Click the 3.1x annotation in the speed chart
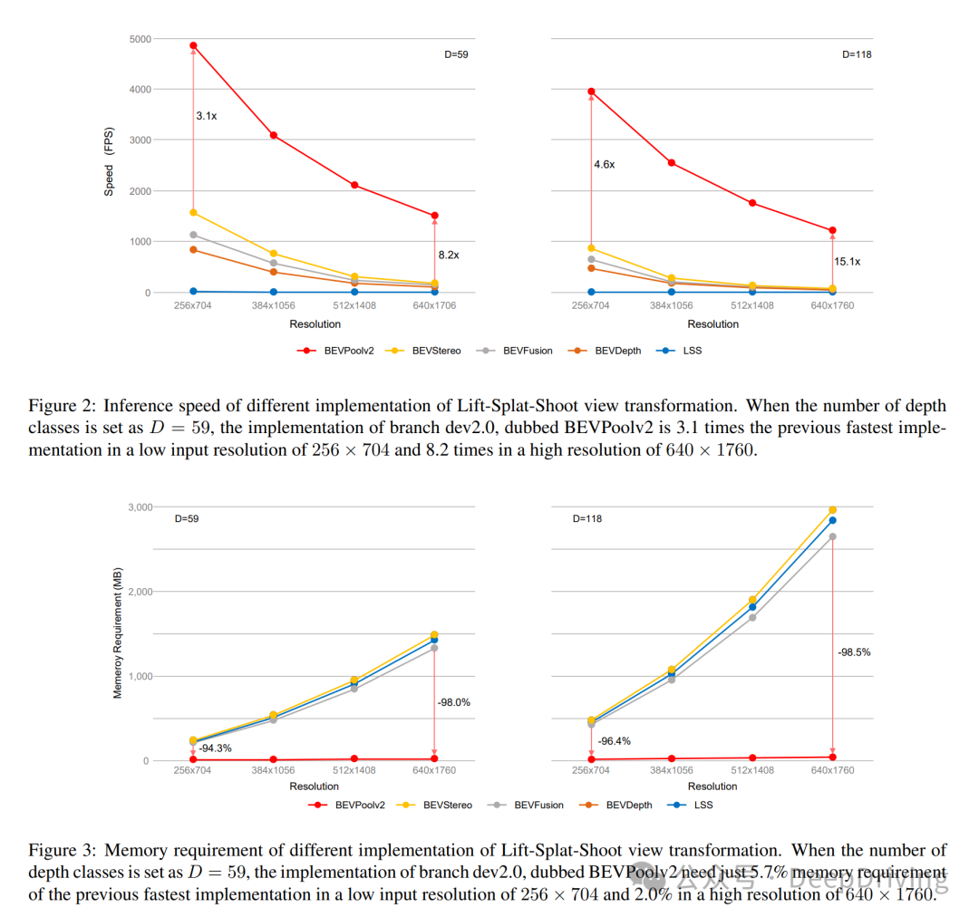206,116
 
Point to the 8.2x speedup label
448,256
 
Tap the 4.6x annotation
604,165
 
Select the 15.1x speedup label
848,262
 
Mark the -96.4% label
613,741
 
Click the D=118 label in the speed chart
857,54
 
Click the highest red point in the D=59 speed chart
193,45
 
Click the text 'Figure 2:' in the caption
60,406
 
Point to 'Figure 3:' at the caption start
60,851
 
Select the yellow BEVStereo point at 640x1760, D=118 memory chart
832,510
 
